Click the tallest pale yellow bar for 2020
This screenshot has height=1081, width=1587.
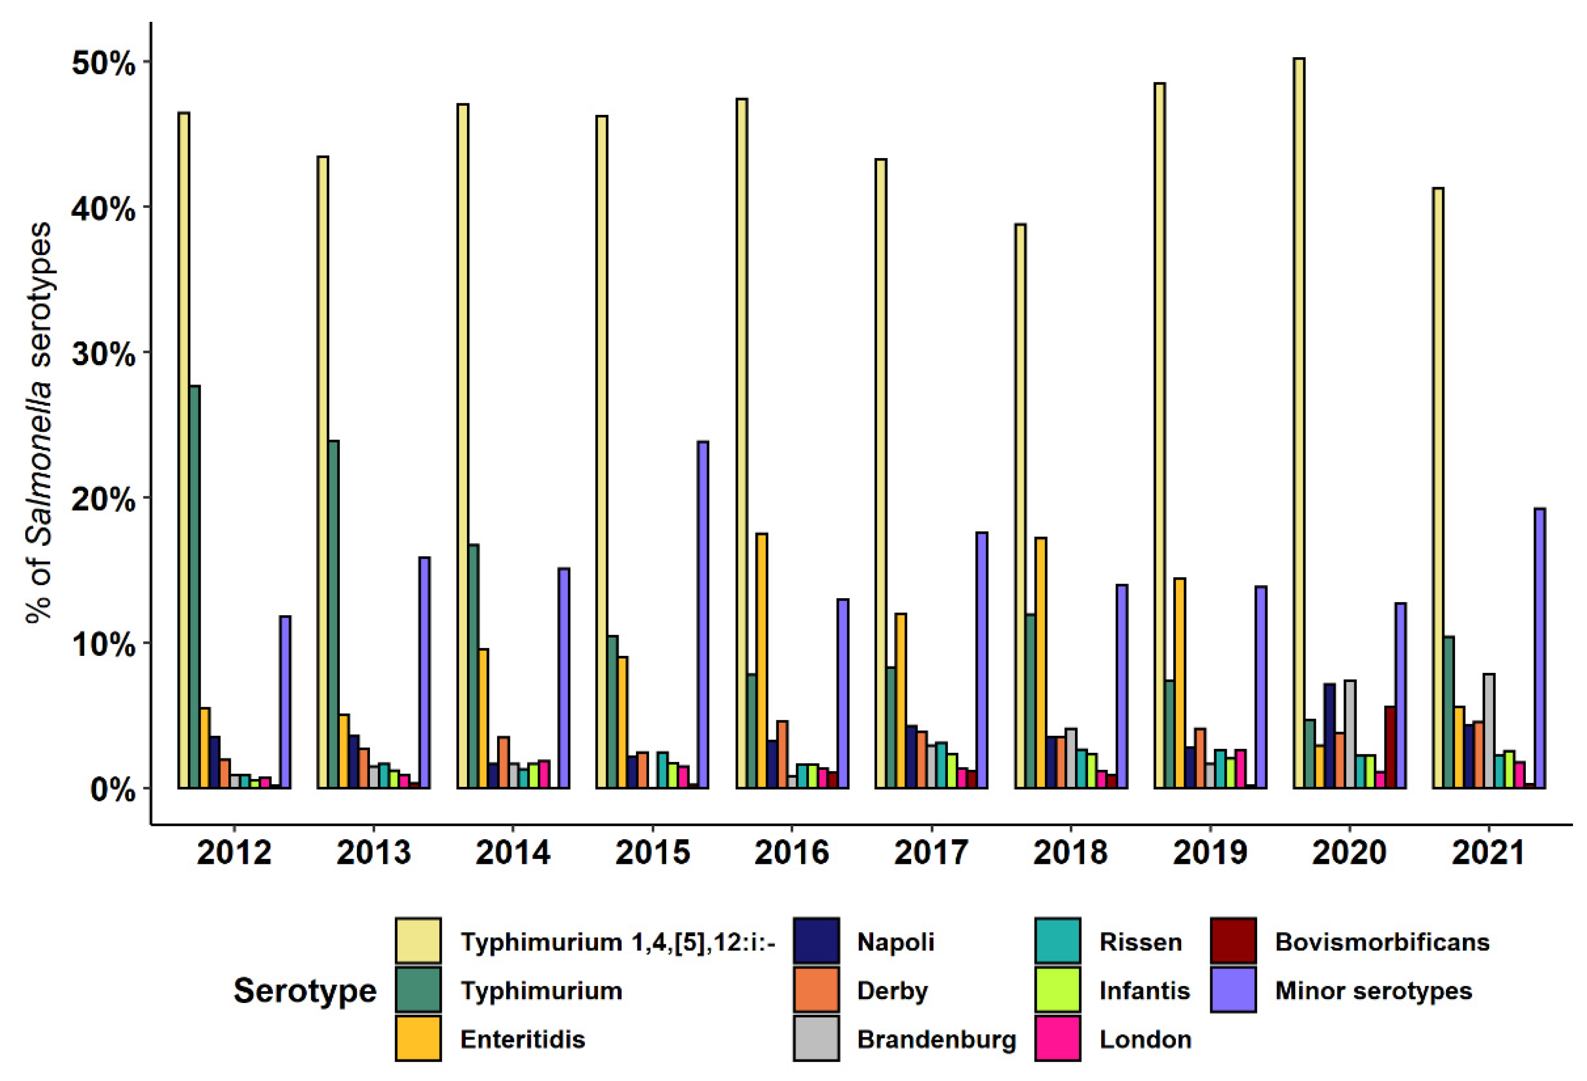(1299, 423)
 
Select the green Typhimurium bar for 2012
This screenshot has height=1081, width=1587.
(194, 587)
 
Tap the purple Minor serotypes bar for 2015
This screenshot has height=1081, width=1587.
(703, 615)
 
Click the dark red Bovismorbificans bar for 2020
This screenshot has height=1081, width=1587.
(1390, 748)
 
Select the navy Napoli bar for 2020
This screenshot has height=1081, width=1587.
(1329, 736)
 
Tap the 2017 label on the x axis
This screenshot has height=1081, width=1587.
(931, 853)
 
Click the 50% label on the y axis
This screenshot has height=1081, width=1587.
(102, 63)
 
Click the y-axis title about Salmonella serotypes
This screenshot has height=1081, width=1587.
(39, 423)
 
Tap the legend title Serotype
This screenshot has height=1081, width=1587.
(305, 990)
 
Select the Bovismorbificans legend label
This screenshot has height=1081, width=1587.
(1381, 942)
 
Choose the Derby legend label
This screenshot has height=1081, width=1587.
(892, 990)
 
